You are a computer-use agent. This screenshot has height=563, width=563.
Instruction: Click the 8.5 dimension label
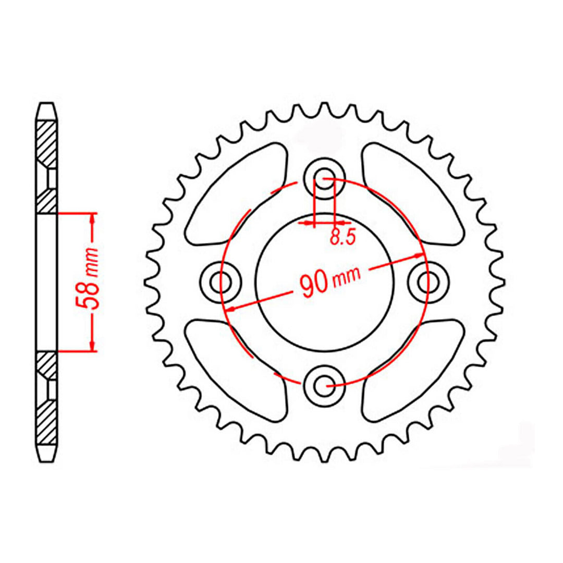(x=342, y=237)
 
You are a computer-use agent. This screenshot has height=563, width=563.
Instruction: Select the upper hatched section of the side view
(x=46, y=141)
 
